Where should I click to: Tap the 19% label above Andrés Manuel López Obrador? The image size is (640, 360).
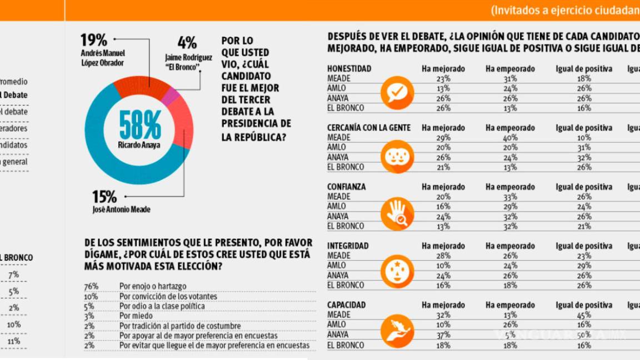coord(94,40)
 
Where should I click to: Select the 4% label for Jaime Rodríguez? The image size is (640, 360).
coord(187,43)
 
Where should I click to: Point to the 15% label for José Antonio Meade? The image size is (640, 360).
coord(105,197)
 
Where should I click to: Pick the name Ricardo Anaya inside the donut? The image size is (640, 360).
coord(139,145)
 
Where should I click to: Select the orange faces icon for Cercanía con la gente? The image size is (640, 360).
coord(397,156)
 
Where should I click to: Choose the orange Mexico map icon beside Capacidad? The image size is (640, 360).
coord(397,331)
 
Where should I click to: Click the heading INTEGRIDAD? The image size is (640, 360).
coord(348,246)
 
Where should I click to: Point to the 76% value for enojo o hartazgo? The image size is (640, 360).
coord(92,286)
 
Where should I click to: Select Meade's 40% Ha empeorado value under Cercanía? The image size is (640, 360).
coord(510,137)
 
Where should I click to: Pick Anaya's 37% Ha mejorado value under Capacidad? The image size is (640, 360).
coord(443,335)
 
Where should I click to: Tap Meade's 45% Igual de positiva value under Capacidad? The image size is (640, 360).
coord(584,315)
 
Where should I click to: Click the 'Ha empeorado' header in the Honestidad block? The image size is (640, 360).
coord(510,69)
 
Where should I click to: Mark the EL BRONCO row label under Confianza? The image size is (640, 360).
coord(346,226)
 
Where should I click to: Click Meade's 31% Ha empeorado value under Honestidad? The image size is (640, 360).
coord(510,78)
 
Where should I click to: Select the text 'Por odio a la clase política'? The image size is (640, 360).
coord(162,306)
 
